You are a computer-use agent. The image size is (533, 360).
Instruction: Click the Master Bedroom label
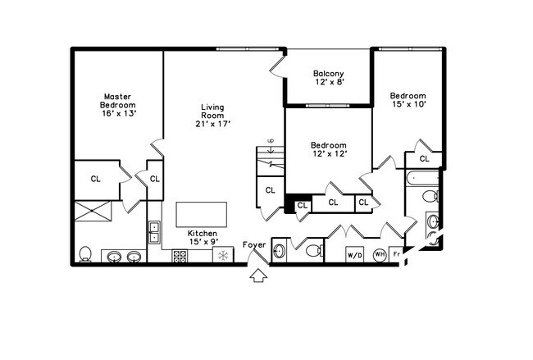click(117, 105)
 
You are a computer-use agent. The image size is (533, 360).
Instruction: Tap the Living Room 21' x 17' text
click(213, 116)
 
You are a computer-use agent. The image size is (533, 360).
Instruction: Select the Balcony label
click(329, 78)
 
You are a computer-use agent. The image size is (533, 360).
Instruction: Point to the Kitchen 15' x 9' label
click(203, 237)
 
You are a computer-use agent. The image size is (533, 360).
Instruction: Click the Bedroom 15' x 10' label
click(408, 100)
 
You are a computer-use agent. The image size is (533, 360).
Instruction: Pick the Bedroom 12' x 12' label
click(329, 149)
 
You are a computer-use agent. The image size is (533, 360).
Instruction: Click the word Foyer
click(254, 245)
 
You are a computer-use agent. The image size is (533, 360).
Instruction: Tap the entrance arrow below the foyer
click(258, 275)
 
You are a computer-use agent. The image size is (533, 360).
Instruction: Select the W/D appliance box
click(354, 255)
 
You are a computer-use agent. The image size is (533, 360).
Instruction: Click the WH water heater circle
click(380, 255)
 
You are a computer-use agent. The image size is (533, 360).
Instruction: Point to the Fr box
click(396, 254)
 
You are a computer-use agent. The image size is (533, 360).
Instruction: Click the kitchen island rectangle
click(201, 215)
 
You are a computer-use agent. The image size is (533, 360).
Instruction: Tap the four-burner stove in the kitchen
click(180, 256)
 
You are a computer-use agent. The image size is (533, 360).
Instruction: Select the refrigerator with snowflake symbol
click(223, 254)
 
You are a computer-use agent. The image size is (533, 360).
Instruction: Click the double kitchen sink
click(155, 232)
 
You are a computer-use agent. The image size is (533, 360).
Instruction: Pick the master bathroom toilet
click(85, 254)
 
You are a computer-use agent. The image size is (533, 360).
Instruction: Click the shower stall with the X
click(93, 211)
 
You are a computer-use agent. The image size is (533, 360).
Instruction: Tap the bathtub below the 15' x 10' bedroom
click(422, 178)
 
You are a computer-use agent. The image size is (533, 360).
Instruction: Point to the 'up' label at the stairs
click(271, 140)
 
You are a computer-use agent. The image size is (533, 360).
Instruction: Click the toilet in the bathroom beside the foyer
click(314, 251)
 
